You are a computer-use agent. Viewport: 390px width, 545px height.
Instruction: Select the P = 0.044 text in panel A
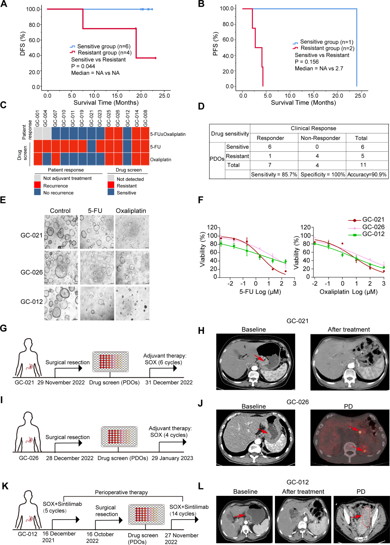pyautogui.click(x=83, y=66)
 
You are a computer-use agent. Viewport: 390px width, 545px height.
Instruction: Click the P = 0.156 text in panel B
pyautogui.click(x=307, y=62)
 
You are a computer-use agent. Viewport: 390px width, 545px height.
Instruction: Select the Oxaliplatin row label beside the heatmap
pyautogui.click(x=161, y=160)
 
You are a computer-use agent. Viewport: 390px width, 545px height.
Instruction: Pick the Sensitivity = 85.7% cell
pyautogui.click(x=274, y=174)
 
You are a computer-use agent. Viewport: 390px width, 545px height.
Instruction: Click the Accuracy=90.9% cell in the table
pyautogui.click(x=367, y=174)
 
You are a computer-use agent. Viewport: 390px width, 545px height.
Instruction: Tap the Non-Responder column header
pyautogui.click(x=320, y=138)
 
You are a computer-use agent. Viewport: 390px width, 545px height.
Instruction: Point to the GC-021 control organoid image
pyautogui.click(x=60, y=232)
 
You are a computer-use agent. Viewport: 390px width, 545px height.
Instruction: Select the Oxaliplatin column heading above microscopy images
pyautogui.click(x=131, y=211)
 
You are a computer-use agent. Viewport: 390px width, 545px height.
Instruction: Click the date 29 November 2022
pyautogui.click(x=61, y=382)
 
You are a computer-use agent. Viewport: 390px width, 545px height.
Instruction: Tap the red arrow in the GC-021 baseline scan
pyautogui.click(x=258, y=358)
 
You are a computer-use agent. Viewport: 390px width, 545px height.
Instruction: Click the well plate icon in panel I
pyautogui.click(x=119, y=436)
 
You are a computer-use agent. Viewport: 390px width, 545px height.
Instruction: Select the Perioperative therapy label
pyautogui.click(x=121, y=492)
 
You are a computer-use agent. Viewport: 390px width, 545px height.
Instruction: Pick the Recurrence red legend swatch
pyautogui.click(x=37, y=186)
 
